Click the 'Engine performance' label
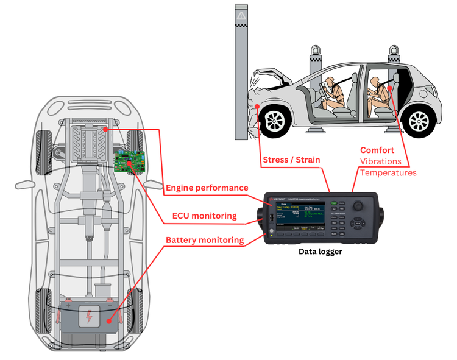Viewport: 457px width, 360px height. point(207,188)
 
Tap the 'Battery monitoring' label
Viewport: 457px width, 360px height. point(205,240)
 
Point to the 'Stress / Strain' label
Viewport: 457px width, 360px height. point(291,160)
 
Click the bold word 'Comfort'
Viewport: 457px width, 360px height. point(377,150)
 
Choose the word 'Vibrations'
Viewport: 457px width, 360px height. point(381,161)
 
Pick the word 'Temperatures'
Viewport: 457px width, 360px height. point(388,173)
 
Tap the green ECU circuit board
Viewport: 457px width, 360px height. point(129,160)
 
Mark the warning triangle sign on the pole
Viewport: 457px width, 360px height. point(242,15)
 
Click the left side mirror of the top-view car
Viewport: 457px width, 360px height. point(23,183)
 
